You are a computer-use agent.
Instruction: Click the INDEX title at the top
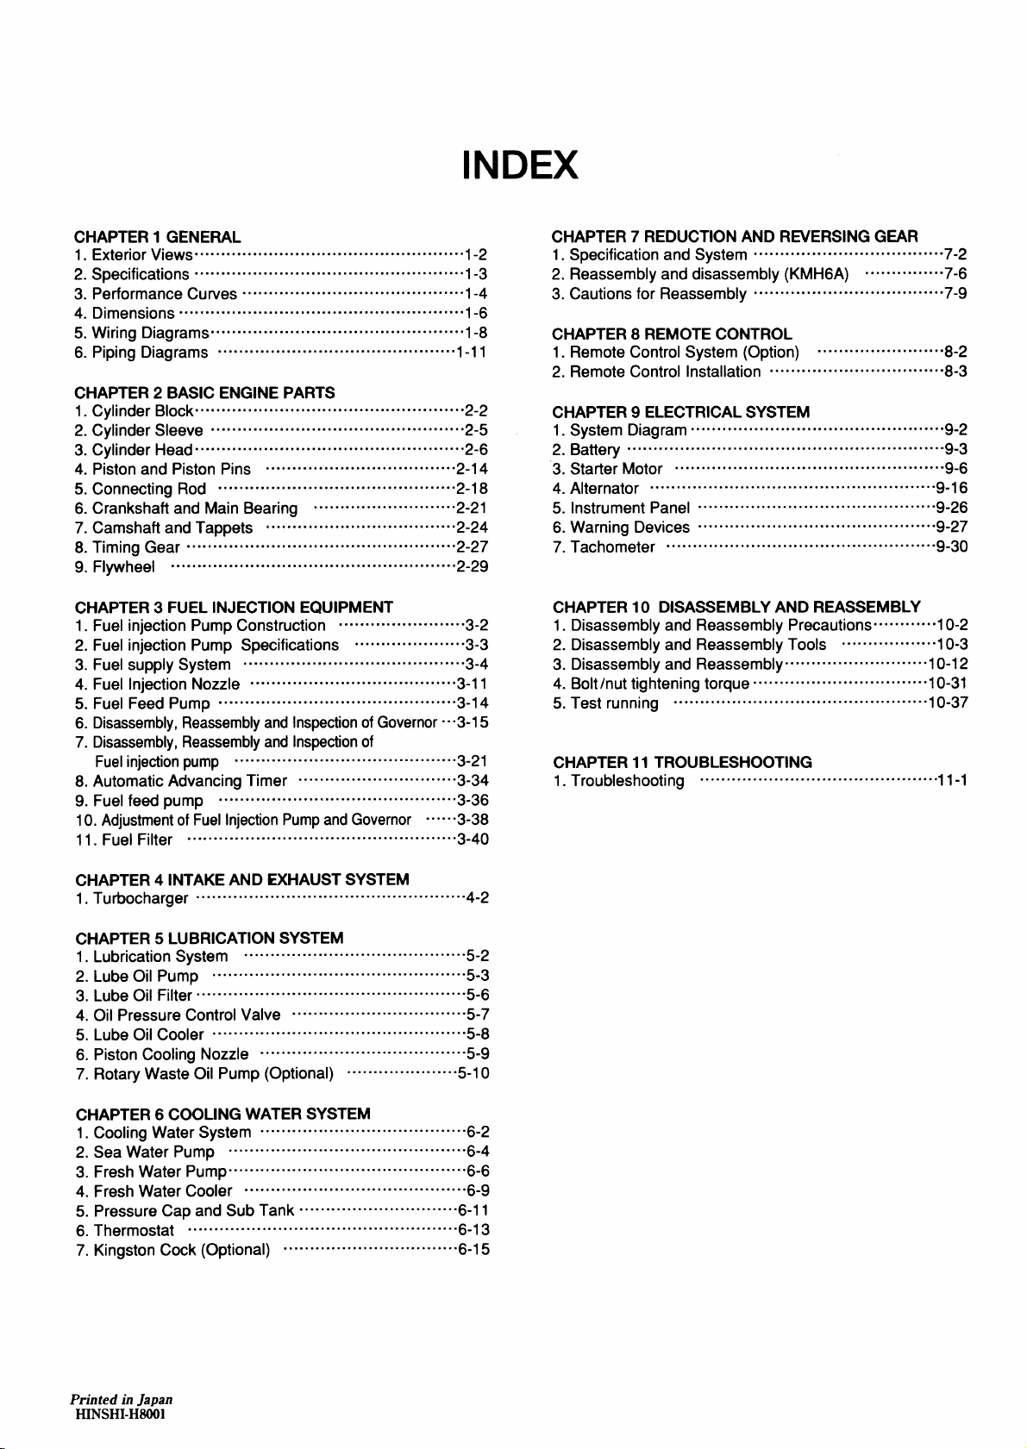pyautogui.click(x=519, y=165)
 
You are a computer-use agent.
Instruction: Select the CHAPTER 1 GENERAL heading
pyautogui.click(x=158, y=236)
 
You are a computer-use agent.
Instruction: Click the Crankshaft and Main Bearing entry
pyautogui.click(x=195, y=509)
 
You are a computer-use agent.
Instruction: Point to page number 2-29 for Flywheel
pyautogui.click(x=473, y=566)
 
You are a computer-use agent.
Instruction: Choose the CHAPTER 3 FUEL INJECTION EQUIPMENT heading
pyautogui.click(x=234, y=607)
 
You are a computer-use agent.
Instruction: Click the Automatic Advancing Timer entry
pyautogui.click(x=190, y=781)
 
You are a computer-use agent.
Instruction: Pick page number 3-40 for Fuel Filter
pyautogui.click(x=473, y=840)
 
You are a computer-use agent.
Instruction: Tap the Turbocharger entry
pyautogui.click(x=141, y=898)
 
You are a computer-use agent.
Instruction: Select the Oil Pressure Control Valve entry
pyautogui.click(x=186, y=1015)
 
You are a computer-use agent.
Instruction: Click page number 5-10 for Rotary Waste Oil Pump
pyautogui.click(x=473, y=1073)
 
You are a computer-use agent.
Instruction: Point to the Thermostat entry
pyautogui.click(x=134, y=1230)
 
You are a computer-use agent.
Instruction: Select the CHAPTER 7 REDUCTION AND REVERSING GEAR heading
pyautogui.click(x=735, y=236)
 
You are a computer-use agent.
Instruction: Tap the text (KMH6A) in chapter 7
pyautogui.click(x=817, y=274)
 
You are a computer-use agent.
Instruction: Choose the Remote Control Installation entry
pyautogui.click(x=666, y=372)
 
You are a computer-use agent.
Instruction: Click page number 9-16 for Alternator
pyautogui.click(x=951, y=489)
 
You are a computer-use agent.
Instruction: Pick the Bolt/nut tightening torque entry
pyautogui.click(x=660, y=684)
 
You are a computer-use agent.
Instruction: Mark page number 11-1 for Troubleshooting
pyautogui.click(x=952, y=781)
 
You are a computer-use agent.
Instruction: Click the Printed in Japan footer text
pyautogui.click(x=122, y=1399)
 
